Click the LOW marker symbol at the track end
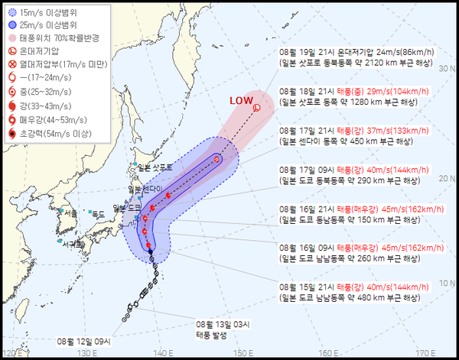pyautogui.click(x=256, y=108)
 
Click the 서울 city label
pyautogui.click(x=71, y=212)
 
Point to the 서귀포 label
pyautogui.click(x=73, y=244)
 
